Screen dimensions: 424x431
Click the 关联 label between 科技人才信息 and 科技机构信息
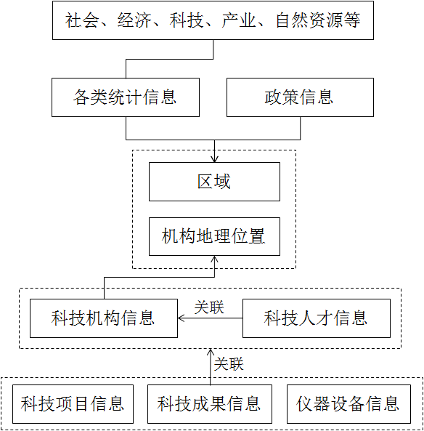tap(209, 307)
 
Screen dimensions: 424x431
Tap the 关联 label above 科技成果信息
tap(229, 364)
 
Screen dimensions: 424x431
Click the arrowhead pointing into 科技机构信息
tap(181, 318)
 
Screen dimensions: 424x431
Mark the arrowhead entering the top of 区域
tap(214, 159)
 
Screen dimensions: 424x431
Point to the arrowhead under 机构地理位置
tap(214, 259)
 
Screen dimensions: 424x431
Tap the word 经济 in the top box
tap(134, 20)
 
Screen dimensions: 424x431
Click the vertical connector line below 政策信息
tap(300, 128)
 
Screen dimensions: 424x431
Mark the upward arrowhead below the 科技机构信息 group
tap(211, 352)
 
